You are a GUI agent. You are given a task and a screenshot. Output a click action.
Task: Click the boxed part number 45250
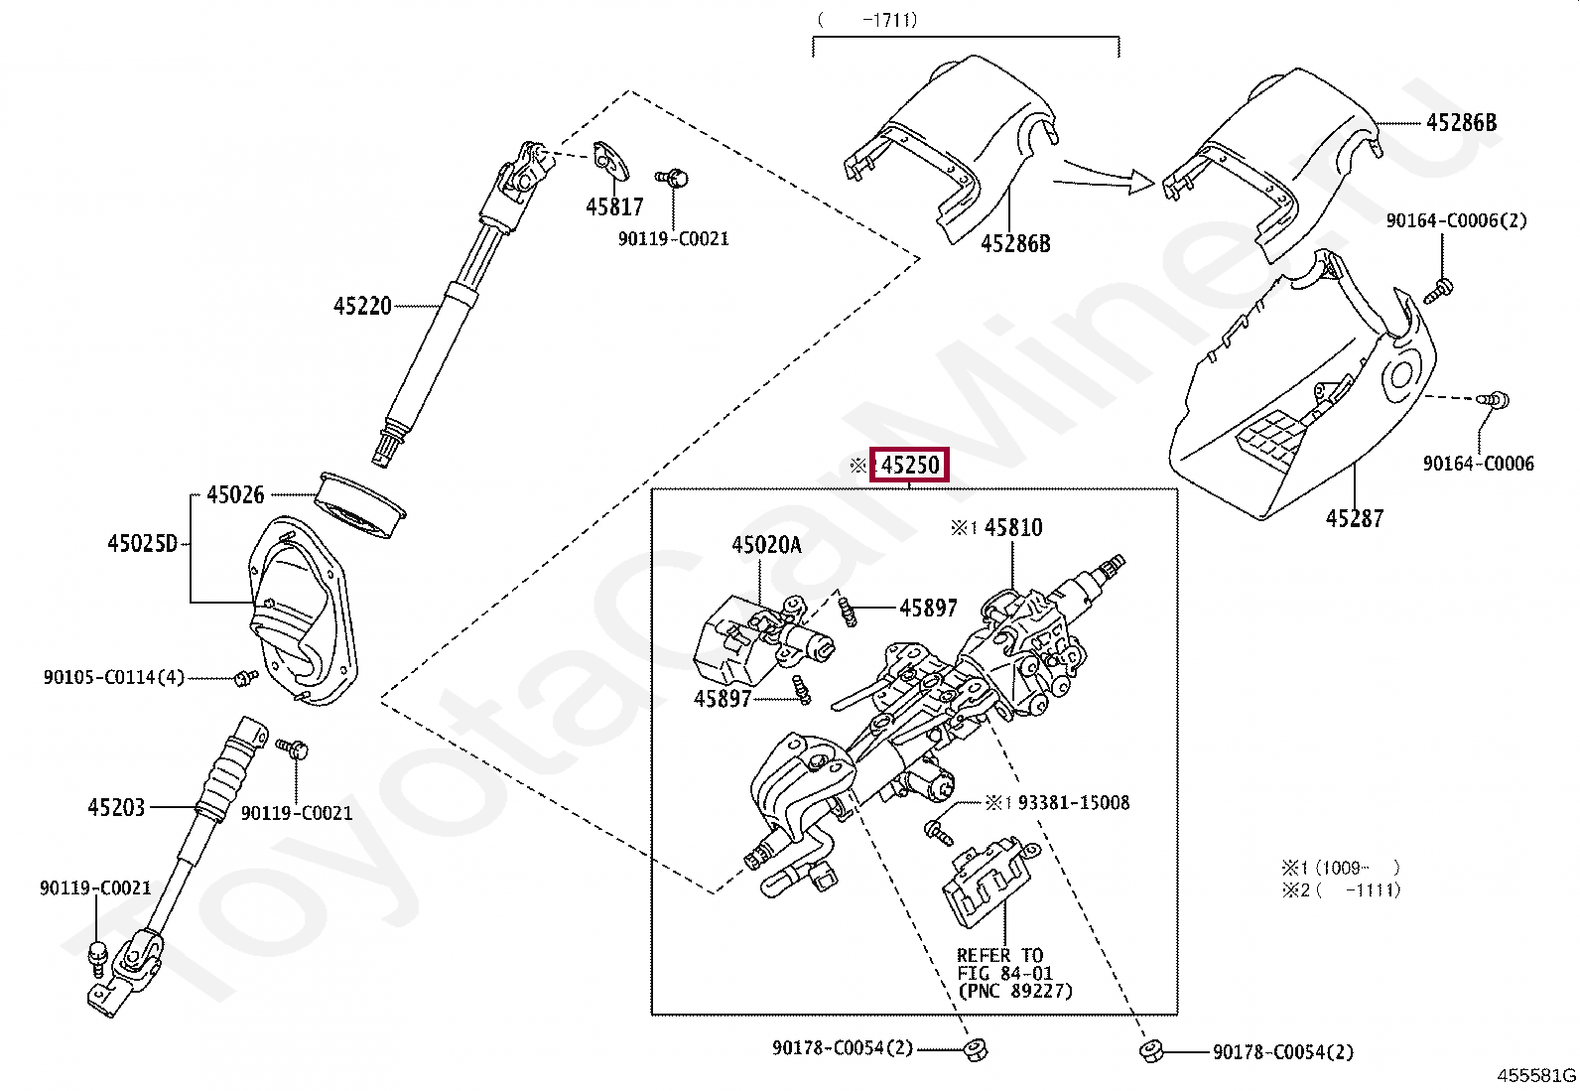[910, 465]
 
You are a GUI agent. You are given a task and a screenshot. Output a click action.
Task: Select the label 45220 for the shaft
[362, 306]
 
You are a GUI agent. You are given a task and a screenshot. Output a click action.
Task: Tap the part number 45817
[614, 206]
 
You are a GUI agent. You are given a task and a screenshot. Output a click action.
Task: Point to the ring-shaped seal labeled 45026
[361, 505]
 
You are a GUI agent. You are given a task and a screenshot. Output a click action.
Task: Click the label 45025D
[142, 543]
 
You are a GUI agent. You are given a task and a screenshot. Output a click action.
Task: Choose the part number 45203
[116, 807]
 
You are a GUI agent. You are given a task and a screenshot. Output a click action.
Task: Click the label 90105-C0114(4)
[114, 677]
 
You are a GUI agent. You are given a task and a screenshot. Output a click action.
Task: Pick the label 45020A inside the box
[766, 544]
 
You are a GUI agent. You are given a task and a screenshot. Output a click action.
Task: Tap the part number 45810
[1013, 527]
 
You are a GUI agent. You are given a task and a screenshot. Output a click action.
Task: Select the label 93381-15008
[1073, 802]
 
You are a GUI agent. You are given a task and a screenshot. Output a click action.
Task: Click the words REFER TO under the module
[999, 955]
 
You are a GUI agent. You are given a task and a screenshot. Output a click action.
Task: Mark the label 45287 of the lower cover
[1354, 517]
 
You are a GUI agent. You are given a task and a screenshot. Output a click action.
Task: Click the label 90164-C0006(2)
[1456, 220]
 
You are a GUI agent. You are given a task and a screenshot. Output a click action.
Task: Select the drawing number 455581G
[1536, 1075]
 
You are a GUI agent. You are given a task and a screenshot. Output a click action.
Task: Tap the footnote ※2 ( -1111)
[1341, 889]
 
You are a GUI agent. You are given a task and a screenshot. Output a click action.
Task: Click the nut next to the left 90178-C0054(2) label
[973, 1048]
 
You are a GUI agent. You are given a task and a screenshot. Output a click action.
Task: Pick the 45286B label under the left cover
[1014, 243]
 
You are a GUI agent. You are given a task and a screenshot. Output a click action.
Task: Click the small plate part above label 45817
[611, 160]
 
